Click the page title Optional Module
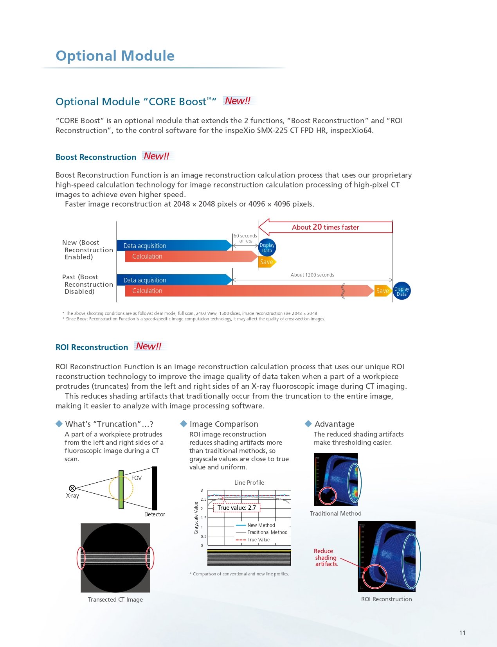(115, 56)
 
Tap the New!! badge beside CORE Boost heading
(238, 101)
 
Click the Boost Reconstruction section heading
(96, 157)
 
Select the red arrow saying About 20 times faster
(325, 227)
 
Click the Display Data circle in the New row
(267, 248)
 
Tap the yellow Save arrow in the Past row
(382, 291)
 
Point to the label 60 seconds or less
(245, 238)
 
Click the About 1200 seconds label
(312, 275)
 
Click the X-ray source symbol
(72, 488)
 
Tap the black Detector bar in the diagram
(155, 488)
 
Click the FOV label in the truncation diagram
(137, 478)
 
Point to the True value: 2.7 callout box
(237, 508)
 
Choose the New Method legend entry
(261, 525)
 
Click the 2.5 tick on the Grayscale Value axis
(203, 500)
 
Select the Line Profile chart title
(249, 483)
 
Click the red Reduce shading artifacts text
(326, 557)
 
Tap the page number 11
(463, 633)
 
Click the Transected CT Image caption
(115, 600)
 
